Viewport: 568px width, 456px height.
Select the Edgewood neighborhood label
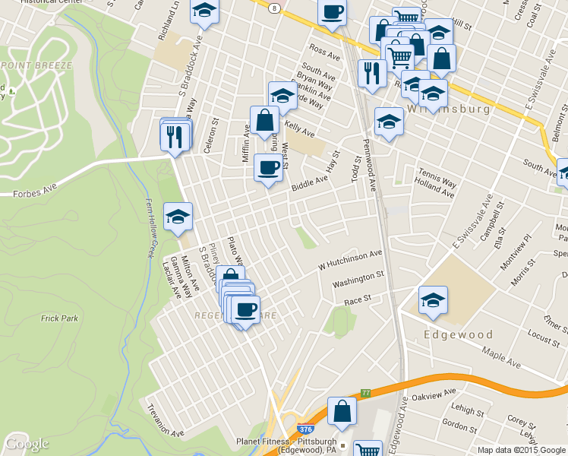pyautogui.click(x=459, y=334)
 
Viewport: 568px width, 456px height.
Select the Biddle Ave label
pyautogui.click(x=310, y=183)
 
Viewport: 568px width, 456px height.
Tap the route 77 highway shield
pyautogui.click(x=366, y=393)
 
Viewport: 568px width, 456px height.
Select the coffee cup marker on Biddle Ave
pyautogui.click(x=267, y=168)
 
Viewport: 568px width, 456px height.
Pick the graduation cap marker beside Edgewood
pyautogui.click(x=433, y=300)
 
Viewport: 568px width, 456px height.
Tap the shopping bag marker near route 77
pyautogui.click(x=342, y=411)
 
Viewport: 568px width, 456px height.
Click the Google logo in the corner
pyautogui.click(x=27, y=444)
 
